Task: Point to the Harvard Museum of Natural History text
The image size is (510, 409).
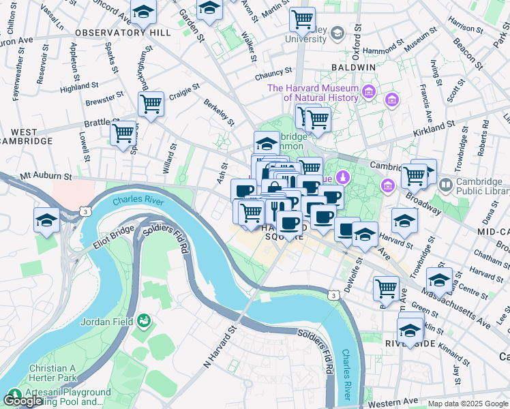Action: coord(313,93)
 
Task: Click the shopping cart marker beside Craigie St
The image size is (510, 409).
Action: coord(151,104)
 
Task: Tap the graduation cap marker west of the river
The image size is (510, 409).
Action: coord(46,219)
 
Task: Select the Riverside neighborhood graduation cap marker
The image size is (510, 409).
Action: coord(410,330)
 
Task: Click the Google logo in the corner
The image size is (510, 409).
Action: coord(22,400)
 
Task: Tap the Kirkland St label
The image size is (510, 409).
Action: coord(434,127)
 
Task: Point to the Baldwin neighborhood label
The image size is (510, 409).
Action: coord(353,68)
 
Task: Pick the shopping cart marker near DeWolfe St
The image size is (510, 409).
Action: coord(386,288)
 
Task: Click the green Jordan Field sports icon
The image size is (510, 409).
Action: coord(144,320)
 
